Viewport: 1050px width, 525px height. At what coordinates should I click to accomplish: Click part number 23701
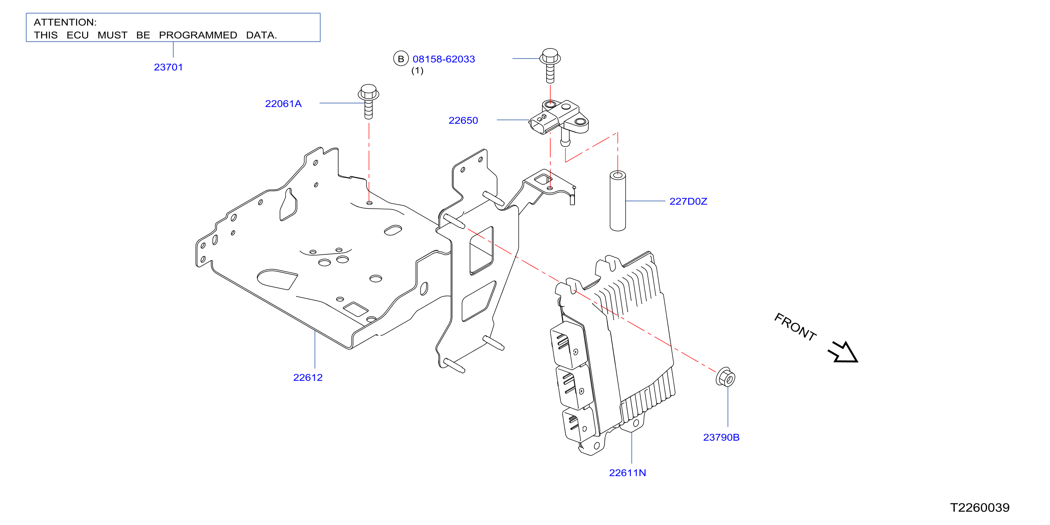click(x=168, y=67)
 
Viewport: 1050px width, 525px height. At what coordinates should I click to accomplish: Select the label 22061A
click(x=283, y=104)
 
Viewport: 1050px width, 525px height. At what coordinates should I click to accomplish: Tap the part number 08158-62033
click(x=444, y=59)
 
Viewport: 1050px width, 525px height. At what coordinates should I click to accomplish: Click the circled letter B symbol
click(x=401, y=59)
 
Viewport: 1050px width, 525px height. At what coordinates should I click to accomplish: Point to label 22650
click(x=463, y=121)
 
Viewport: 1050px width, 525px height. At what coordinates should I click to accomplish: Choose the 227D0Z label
click(x=688, y=201)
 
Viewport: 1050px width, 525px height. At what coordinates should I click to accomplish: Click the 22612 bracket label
click(x=308, y=377)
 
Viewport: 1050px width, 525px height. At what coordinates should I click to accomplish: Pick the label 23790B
click(x=721, y=437)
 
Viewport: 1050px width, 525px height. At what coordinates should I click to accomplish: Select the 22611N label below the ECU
click(x=627, y=473)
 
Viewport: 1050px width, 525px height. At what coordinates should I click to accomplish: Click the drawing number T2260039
click(x=980, y=507)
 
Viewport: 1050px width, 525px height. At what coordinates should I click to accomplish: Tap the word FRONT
click(x=795, y=327)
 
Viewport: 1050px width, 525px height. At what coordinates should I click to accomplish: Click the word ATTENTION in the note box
click(x=65, y=22)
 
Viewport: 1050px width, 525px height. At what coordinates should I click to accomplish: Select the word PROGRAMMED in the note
click(x=198, y=35)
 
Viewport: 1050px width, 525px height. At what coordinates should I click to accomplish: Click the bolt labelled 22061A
click(x=369, y=102)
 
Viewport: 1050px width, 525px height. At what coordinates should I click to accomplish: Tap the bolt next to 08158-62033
click(x=550, y=66)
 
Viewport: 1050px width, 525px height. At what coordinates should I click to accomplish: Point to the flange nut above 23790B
click(x=726, y=377)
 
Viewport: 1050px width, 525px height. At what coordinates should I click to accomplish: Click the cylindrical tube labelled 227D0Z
click(x=618, y=201)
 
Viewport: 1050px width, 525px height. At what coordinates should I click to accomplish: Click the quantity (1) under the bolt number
click(x=417, y=71)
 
